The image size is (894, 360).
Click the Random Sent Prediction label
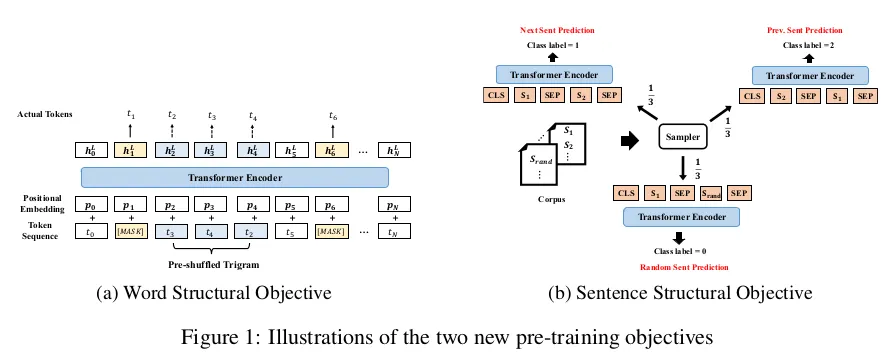[684, 267]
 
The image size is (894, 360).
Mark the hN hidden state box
[395, 150]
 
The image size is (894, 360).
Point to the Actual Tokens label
[44, 115]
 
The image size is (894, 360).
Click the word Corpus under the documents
[552, 200]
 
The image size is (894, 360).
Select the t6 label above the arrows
[333, 115]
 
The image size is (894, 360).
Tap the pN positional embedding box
[395, 204]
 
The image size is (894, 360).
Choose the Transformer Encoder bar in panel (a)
[235, 177]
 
